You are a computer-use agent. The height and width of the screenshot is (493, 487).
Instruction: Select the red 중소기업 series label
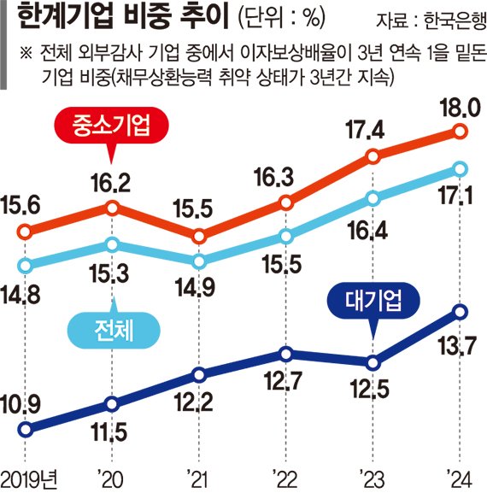pos(109,128)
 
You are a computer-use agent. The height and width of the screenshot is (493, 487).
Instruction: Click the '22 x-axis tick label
pos(286,475)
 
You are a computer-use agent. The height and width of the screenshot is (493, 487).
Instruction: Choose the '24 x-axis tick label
pos(460,475)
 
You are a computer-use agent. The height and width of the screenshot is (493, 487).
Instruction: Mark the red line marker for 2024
pos(460,132)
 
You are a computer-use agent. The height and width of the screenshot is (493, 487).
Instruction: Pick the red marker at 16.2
pos(113,207)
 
